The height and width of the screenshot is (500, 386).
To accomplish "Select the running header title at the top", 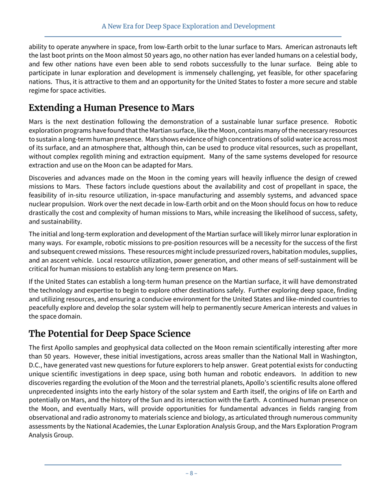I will point(188,26).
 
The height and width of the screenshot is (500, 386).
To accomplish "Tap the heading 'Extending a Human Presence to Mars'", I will point(111,108).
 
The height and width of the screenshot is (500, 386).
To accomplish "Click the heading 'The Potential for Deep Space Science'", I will point(109,334).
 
